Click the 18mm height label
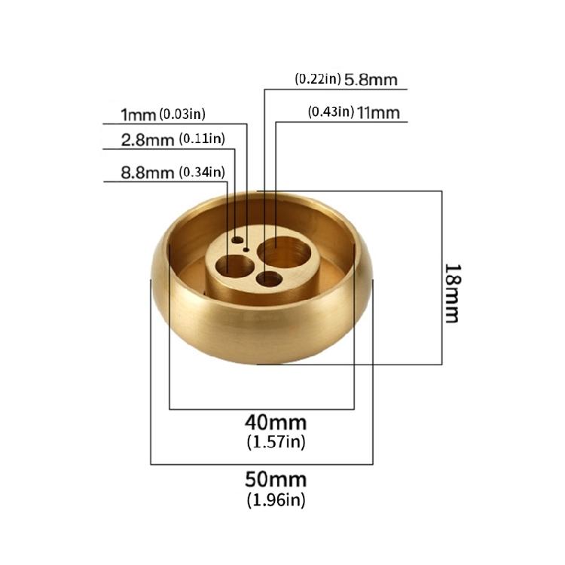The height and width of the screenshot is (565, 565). [x=451, y=292]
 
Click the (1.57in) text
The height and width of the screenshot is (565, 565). [x=276, y=441]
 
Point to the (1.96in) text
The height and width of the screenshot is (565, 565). [x=276, y=499]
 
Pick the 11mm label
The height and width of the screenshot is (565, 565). [x=378, y=113]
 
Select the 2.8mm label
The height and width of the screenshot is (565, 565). [x=148, y=139]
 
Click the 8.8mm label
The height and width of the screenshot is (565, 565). [x=148, y=173]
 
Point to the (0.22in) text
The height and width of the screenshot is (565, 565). [x=317, y=78]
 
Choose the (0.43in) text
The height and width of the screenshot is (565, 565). [x=331, y=112]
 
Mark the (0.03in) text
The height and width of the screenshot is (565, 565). [x=182, y=115]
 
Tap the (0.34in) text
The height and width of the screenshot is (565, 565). [x=201, y=173]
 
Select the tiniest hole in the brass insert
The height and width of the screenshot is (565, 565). [x=246, y=247]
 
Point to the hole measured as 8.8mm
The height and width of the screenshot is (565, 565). [x=234, y=265]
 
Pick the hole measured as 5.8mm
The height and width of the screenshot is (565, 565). [x=268, y=279]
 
